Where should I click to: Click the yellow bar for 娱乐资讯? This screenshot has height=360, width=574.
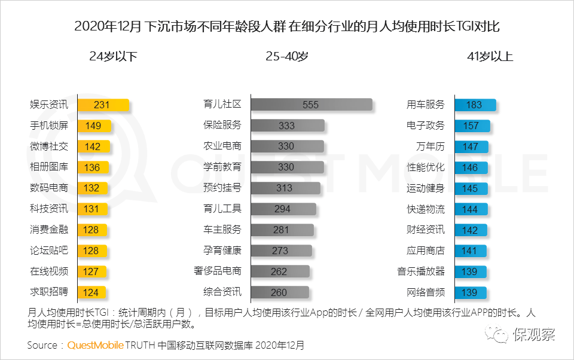coord(103,105)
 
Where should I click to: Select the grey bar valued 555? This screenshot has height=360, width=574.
coord(312,105)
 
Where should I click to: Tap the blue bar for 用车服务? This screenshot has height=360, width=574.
coord(475,105)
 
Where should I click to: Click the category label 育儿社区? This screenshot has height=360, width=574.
coord(222,105)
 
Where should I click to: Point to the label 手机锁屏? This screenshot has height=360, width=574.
coord(49,126)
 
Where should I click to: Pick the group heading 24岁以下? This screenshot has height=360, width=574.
coord(113,57)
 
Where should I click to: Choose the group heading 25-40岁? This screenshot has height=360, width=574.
coord(287,57)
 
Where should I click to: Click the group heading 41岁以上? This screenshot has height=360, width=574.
coord(490,57)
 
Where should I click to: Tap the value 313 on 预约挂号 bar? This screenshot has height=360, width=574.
coord(285,188)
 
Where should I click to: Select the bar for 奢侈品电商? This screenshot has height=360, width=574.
coord(280,271)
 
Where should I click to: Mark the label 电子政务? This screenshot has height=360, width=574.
coord(426,126)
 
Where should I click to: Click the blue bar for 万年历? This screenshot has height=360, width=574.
coord(471,147)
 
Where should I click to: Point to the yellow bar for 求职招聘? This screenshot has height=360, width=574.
coord(91,292)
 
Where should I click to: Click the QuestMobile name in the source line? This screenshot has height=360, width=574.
coord(96,345)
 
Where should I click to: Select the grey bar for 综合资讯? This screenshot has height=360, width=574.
coord(279,292)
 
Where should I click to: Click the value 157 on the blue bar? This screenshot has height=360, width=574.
coord(471,126)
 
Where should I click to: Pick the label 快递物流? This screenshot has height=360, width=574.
coord(426,209)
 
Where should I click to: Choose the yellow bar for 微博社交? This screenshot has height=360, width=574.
coord(93,147)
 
